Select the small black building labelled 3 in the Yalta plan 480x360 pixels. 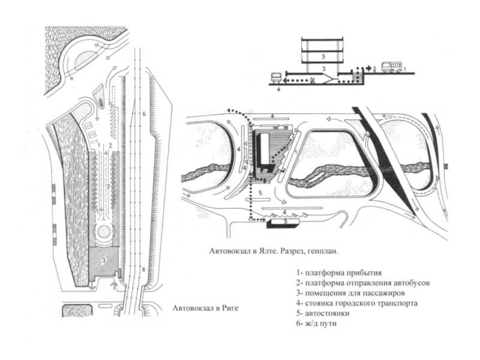point(277,222)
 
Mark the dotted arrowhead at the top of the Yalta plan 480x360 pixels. point(229,110)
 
